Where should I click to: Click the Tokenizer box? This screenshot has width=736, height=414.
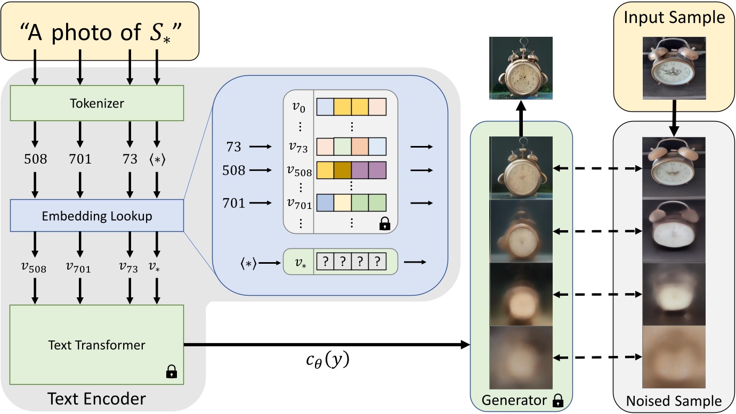97,103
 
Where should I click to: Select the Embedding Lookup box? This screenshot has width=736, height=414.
97,216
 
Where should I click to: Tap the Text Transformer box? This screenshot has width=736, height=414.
97,345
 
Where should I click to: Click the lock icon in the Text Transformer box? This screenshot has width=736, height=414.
171,371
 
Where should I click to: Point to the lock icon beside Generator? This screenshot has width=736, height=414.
558,400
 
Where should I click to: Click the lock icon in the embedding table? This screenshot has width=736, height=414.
383,225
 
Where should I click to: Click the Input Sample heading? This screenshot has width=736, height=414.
674,18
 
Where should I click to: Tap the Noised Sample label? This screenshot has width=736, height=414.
674,401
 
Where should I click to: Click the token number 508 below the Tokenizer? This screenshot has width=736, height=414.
35,159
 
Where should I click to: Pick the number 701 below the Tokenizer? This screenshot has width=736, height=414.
80,159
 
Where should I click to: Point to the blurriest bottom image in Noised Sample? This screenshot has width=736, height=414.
674,358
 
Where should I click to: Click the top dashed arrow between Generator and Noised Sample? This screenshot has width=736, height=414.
597,168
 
